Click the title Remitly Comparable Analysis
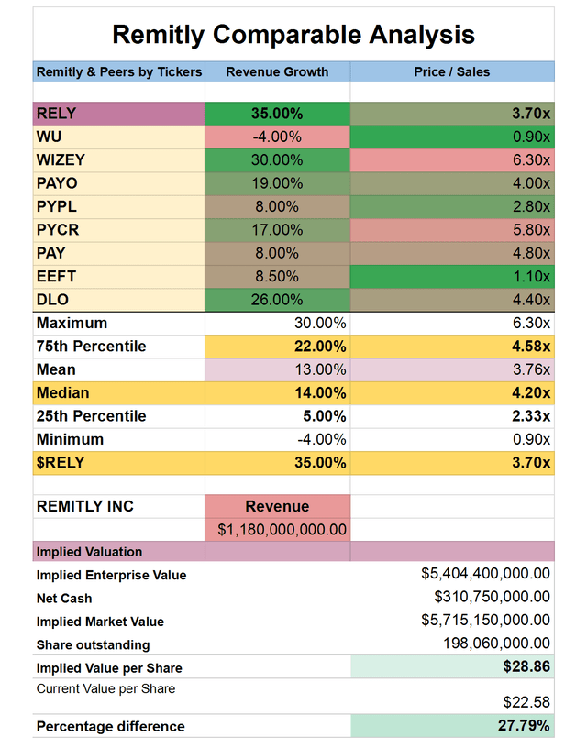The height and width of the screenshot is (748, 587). click(293, 35)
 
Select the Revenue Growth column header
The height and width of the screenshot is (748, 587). click(277, 71)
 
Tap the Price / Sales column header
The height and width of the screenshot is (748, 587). click(452, 71)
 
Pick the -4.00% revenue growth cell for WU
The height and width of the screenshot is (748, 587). click(277, 137)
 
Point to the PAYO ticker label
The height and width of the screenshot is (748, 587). click(56, 183)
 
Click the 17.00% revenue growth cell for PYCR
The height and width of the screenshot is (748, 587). click(277, 230)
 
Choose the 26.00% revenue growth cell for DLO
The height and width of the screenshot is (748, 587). click(277, 300)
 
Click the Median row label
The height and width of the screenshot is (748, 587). click(62, 393)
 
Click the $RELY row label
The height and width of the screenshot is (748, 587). click(61, 463)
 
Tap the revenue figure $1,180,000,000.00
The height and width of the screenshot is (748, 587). click(277, 530)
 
